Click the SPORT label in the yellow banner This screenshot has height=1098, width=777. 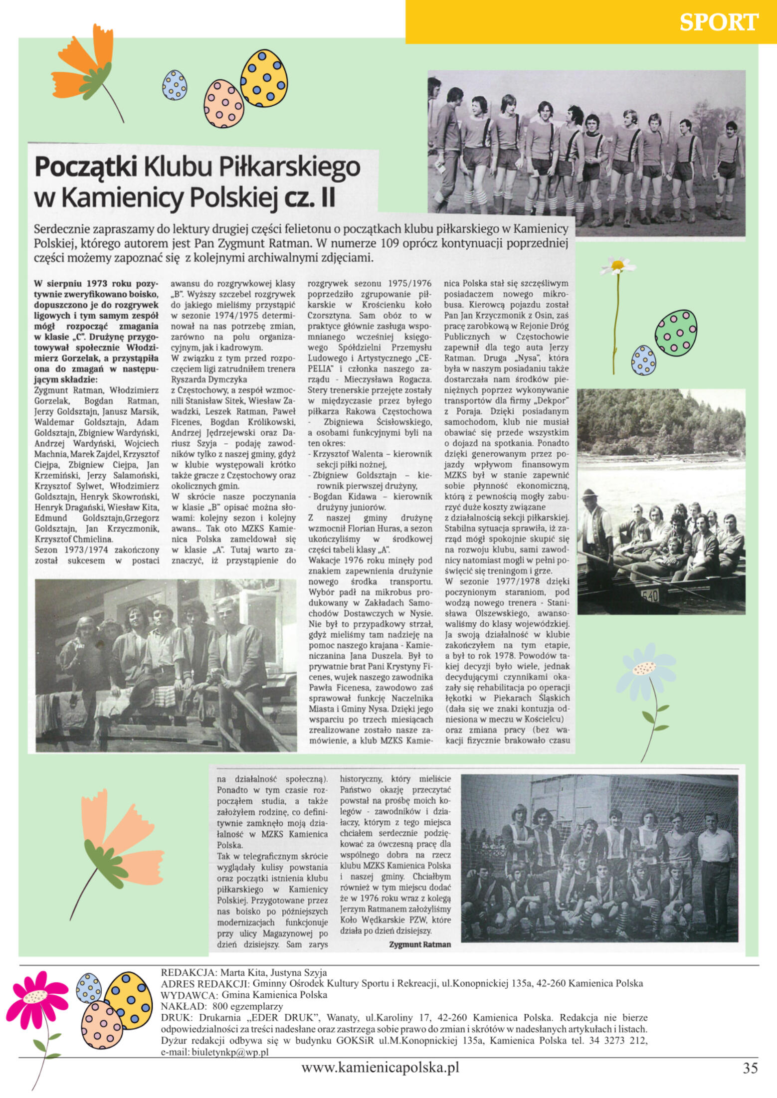pyautogui.click(x=719, y=22)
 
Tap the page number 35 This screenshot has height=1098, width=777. pyautogui.click(x=750, y=1068)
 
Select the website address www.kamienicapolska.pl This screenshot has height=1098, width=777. pyautogui.click(x=380, y=1067)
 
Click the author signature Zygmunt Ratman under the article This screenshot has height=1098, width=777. pyautogui.click(x=419, y=944)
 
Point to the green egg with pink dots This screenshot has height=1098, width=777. pyautogui.click(x=676, y=333)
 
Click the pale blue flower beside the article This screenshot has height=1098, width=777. pyautogui.click(x=645, y=668)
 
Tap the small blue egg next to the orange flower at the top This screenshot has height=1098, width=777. pyautogui.click(x=175, y=84)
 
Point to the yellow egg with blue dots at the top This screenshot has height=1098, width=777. pyautogui.click(x=264, y=78)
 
